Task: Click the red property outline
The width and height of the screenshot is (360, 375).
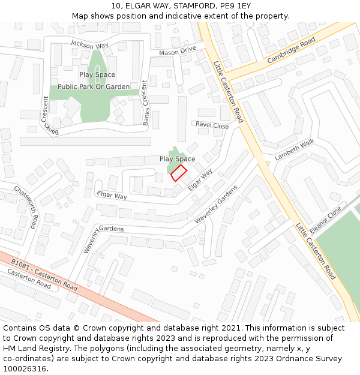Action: click(179, 173)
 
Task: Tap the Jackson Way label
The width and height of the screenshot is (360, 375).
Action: click(89, 44)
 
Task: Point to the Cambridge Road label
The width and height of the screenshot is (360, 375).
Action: click(291, 50)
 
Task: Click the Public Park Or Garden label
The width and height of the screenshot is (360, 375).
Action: click(94, 86)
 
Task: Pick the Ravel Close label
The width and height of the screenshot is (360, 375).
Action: click(212, 125)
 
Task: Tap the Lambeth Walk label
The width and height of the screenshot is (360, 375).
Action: click(294, 149)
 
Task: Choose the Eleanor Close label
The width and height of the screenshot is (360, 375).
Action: click(326, 220)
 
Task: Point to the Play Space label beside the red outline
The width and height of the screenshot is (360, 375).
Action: click(178, 159)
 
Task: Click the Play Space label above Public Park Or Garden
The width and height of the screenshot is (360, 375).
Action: click(97, 74)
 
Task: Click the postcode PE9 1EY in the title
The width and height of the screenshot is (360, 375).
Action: click(235, 6)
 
